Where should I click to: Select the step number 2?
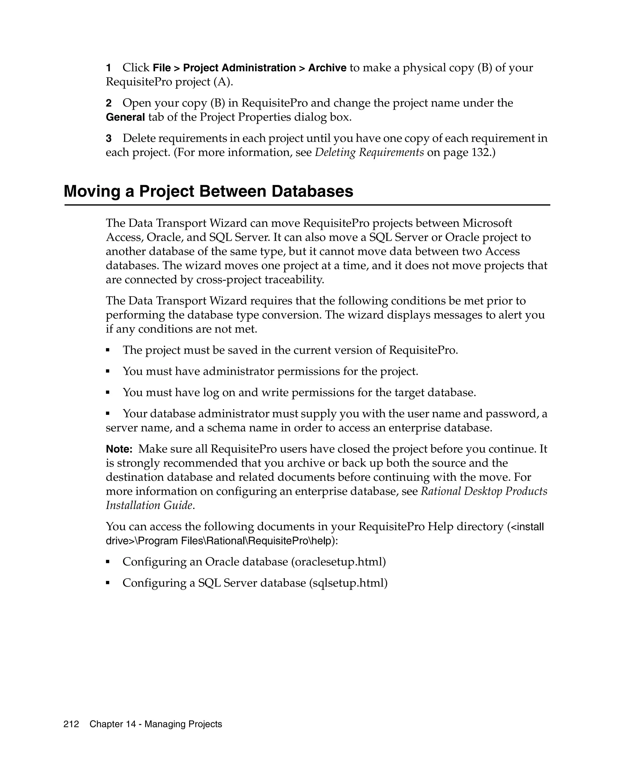(109, 104)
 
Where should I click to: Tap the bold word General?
(125, 117)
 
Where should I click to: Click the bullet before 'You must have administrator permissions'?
(108, 371)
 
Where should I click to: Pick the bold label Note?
(119, 449)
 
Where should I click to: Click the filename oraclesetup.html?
(338, 562)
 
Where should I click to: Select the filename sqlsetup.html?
(348, 583)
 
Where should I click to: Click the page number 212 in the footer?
(71, 724)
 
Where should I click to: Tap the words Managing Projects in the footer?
(183, 724)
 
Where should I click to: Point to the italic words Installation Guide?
(149, 505)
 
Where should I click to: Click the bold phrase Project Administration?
(239, 68)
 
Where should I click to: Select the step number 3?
(109, 139)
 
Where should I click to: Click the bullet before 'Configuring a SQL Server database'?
(108, 583)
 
